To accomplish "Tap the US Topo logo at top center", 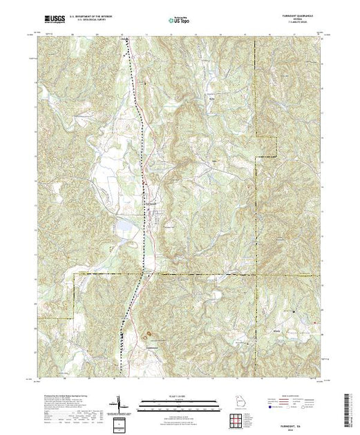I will pos(180,21).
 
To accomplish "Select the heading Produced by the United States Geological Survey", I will pos(55,391).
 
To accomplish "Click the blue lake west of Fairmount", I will pos(124,225).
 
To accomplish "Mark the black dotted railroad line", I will pos(142,138).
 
